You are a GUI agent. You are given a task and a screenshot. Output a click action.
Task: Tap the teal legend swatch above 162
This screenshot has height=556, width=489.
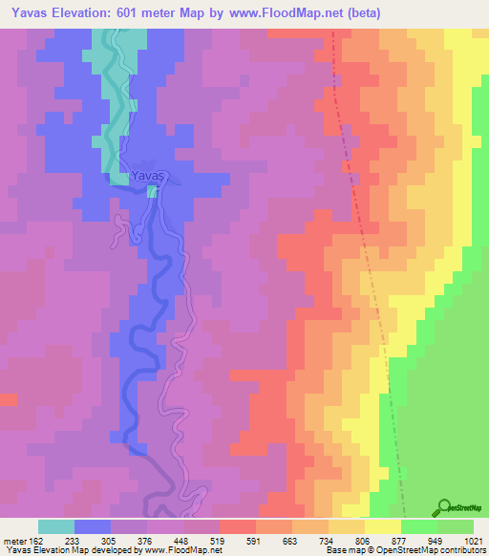click(55, 526)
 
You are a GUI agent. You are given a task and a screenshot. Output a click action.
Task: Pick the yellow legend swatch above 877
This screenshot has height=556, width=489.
click(382, 526)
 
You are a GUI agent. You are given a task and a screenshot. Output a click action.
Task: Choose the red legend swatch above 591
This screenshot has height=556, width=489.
click(237, 526)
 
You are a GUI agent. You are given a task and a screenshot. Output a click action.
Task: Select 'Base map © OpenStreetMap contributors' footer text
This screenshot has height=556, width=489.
click(403, 551)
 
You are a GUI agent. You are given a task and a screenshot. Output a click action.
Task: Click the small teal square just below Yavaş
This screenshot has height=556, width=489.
click(152, 191)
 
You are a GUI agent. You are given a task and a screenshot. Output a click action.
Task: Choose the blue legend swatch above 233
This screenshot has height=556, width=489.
click(92, 526)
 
